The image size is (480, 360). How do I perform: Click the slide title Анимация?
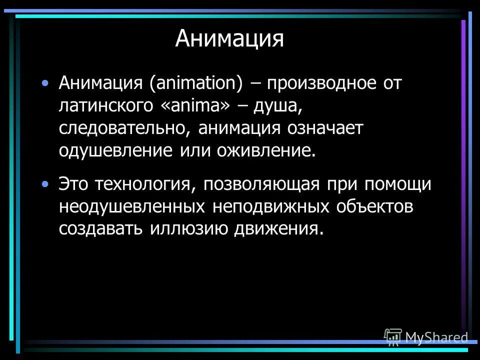click(229, 39)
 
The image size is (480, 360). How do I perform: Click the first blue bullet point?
click(46, 82)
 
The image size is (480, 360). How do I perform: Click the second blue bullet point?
click(46, 184)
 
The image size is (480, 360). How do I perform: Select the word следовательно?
click(123, 127)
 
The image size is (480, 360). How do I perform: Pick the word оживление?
click(267, 150)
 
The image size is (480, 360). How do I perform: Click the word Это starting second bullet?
click(74, 184)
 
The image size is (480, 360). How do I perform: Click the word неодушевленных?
click(130, 207)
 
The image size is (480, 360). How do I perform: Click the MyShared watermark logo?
click(426, 337)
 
